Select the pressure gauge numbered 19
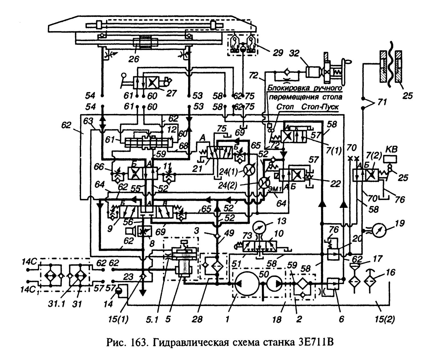click(x=379, y=230)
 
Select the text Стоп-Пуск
click(x=320, y=107)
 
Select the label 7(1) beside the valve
click(x=334, y=150)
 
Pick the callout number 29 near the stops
click(x=278, y=53)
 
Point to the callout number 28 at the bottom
click(x=197, y=319)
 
